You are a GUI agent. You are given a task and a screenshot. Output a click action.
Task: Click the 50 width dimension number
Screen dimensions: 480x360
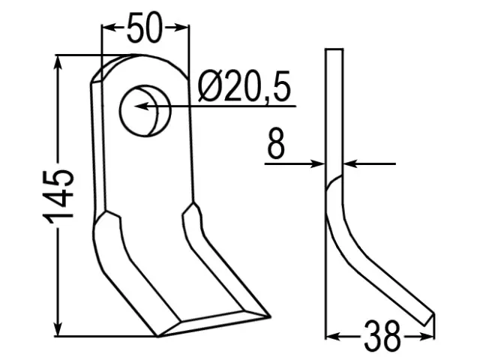coord(144,28)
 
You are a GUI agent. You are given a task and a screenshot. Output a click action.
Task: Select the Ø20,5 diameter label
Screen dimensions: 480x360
coord(244,86)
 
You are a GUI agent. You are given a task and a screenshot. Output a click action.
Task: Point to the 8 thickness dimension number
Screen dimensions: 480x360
coord(276,143)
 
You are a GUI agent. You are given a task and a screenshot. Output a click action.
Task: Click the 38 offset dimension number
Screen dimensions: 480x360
coord(382,336)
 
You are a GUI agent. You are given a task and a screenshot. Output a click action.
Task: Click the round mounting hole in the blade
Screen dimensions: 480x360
coord(145,111)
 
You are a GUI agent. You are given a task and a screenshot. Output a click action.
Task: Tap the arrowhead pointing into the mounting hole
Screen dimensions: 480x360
coord(142,106)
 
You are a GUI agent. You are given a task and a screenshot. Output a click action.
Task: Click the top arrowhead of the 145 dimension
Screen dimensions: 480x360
coord(58,63)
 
